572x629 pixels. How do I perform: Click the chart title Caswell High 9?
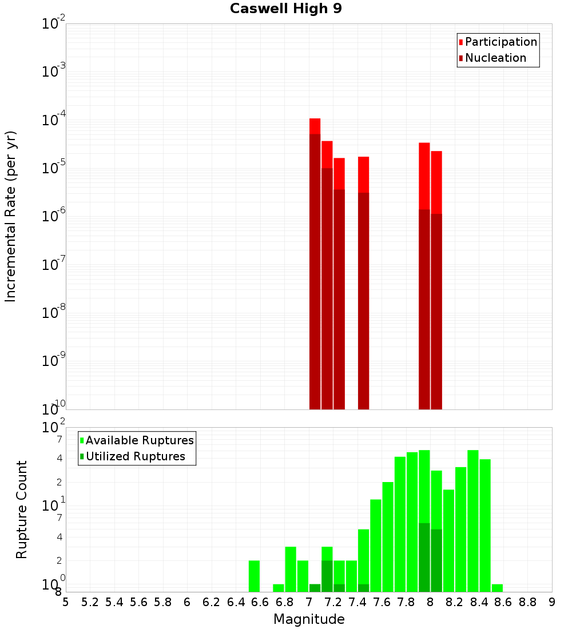(x=286, y=9)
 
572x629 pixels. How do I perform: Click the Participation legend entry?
(x=500, y=42)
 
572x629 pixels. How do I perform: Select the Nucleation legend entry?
(x=495, y=58)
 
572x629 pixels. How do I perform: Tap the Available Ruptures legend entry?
(x=139, y=440)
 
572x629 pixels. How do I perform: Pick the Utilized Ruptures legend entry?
(x=134, y=456)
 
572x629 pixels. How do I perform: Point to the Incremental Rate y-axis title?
(x=11, y=217)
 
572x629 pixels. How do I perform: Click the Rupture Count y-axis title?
(x=22, y=509)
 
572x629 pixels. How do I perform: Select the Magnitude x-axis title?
(x=309, y=619)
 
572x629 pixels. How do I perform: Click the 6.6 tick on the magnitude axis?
(x=260, y=602)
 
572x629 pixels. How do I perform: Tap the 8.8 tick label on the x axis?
(x=527, y=602)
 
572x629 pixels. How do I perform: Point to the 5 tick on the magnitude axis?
(x=66, y=602)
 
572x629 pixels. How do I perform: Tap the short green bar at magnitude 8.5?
(x=497, y=588)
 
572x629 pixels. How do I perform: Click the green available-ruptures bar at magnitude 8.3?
(x=473, y=520)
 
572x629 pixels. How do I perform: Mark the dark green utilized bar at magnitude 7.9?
(x=424, y=558)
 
